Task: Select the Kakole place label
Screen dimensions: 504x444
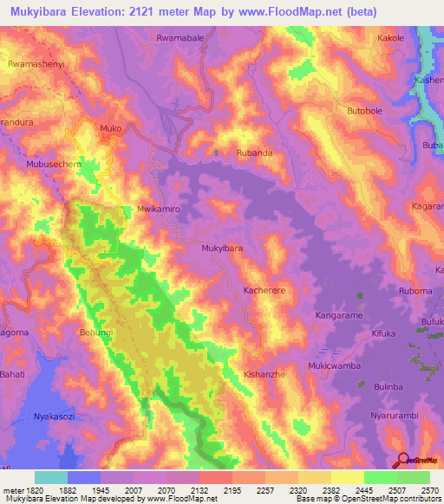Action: coord(391,39)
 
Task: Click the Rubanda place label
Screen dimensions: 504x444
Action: coord(255,153)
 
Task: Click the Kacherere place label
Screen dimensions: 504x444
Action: coord(265,291)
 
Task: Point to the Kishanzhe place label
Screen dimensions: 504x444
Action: coord(265,373)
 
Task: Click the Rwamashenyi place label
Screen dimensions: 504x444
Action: coord(36,65)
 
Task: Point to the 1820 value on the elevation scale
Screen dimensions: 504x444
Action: coord(27,491)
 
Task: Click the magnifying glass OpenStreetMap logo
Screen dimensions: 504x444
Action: coord(402,461)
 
